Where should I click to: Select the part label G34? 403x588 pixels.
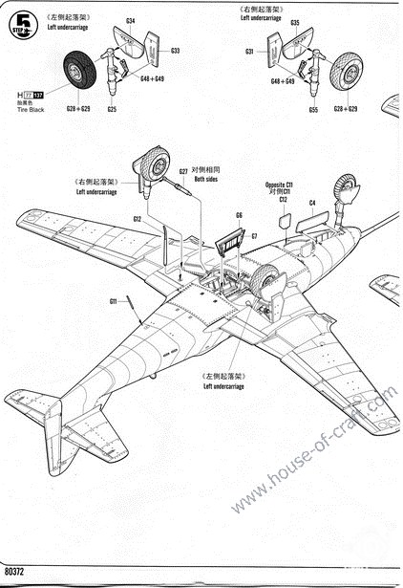coord(131,20)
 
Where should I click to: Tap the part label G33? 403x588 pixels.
coord(175,50)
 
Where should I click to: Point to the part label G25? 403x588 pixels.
coord(112,109)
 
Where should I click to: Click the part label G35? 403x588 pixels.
coord(295,22)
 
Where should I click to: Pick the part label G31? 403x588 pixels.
coord(249,51)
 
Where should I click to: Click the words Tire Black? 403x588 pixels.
coord(32,109)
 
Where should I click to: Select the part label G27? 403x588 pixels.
coord(183,172)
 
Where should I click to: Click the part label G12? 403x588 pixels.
coord(138,219)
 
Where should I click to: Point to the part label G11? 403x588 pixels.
coord(113,301)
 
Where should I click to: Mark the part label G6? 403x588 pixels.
coord(240,215)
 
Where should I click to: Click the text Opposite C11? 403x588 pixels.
coord(282,184)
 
